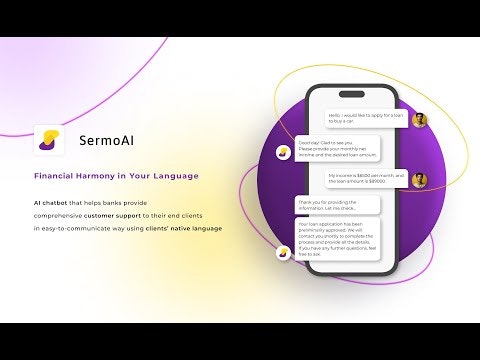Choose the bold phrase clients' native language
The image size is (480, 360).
tap(188, 229)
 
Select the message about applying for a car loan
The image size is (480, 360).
tap(367, 119)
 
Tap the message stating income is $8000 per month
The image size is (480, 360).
tap(367, 179)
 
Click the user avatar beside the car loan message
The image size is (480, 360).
tap(420, 120)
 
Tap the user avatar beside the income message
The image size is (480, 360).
tap(420, 180)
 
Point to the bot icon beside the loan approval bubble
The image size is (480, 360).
tap(284, 252)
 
